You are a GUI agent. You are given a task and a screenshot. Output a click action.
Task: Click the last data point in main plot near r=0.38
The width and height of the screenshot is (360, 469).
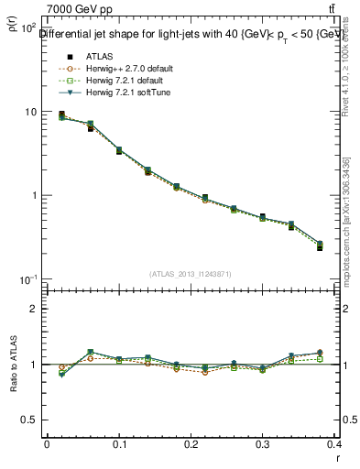[320, 245]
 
